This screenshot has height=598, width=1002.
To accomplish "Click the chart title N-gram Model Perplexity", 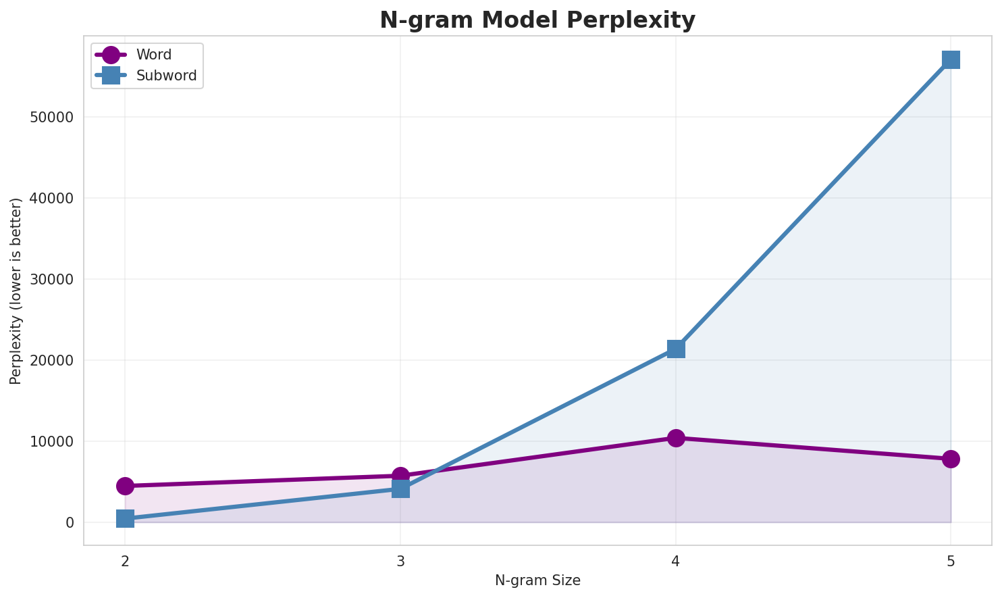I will [x=537, y=20].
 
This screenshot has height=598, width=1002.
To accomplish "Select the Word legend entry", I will [x=153, y=55].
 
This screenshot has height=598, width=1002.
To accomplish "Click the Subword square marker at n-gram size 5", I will [x=951, y=59].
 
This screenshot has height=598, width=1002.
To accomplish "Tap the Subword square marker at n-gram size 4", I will [x=676, y=349].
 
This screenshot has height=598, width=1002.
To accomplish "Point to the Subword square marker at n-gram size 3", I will [x=400, y=489].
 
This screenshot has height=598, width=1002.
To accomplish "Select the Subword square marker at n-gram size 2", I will [x=125, y=518].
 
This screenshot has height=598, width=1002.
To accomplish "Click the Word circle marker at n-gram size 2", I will [x=125, y=486].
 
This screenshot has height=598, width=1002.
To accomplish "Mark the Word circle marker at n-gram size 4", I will [x=676, y=438].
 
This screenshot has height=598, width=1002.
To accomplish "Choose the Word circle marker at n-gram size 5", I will [x=951, y=459].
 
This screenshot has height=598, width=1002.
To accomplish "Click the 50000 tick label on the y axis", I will [x=51, y=117].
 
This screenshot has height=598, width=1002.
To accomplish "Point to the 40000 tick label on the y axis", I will [x=51, y=198].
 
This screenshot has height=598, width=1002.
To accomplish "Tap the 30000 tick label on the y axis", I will [x=51, y=279].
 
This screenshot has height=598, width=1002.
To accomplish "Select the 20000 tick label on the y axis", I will [x=51, y=360].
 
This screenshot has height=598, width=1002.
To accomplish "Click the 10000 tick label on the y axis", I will [x=51, y=441].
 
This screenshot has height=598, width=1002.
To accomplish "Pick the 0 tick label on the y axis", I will [x=70, y=522].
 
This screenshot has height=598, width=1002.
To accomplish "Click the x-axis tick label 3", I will [x=400, y=561].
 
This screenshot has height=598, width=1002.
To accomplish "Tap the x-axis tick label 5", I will [x=951, y=561].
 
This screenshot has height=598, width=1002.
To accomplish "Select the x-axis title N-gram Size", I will [x=537, y=580].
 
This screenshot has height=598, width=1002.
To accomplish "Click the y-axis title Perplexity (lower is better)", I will [x=16, y=291].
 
